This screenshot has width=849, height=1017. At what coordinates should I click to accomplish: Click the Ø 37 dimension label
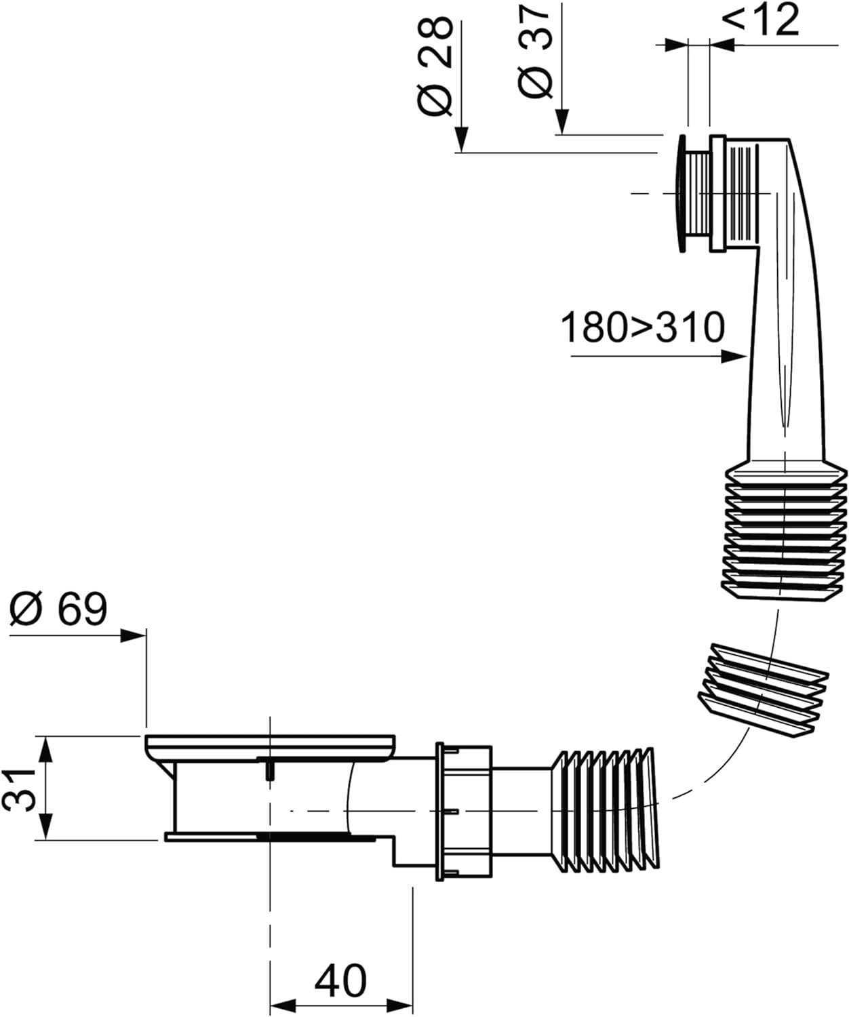point(536,51)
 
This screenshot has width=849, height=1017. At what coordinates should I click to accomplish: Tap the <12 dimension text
point(761,20)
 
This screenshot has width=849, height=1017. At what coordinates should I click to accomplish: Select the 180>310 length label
point(642,327)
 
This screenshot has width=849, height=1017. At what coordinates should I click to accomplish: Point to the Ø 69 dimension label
point(58,609)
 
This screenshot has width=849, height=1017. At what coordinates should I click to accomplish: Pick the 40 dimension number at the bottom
point(340,980)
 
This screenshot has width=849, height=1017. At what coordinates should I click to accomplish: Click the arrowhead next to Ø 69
point(133,635)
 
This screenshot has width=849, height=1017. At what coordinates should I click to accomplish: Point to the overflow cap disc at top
point(681,194)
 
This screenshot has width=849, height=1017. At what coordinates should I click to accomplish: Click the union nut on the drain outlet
point(464,811)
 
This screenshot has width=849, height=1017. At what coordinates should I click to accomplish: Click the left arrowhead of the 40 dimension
point(282,1004)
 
